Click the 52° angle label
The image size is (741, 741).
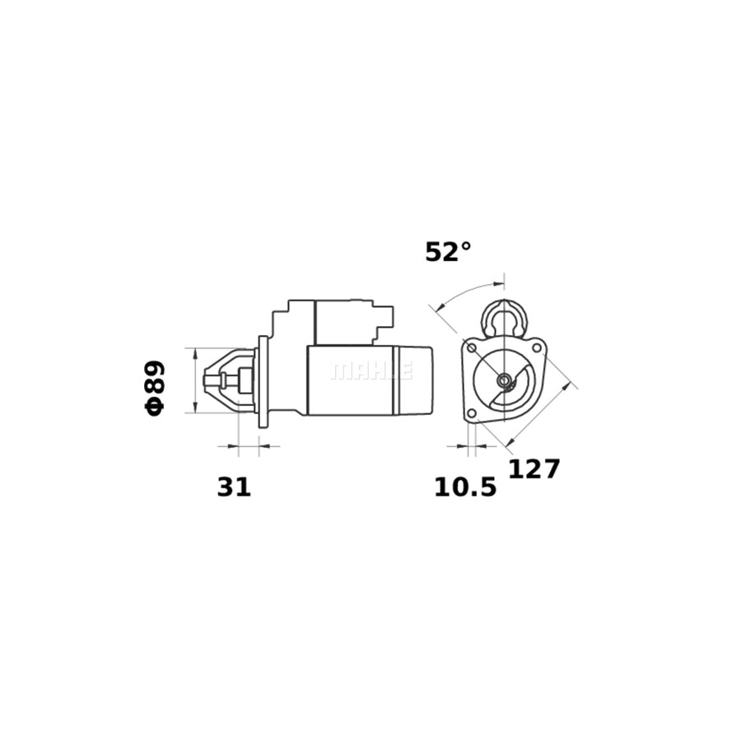pyautogui.click(x=448, y=252)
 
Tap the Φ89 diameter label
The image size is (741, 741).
pyautogui.click(x=155, y=386)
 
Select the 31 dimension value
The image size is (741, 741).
pyautogui.click(x=234, y=487)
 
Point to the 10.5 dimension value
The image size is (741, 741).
pyautogui.click(x=465, y=487)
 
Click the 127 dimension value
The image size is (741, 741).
pyautogui.click(x=534, y=469)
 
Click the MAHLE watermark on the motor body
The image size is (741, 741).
pyautogui.click(x=370, y=371)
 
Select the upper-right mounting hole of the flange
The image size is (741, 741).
pyautogui.click(x=538, y=347)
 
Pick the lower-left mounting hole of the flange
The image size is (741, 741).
pyautogui.click(x=471, y=414)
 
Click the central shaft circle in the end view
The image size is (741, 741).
pyautogui.click(x=504, y=380)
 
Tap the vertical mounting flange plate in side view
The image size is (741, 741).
pyautogui.click(x=263, y=381)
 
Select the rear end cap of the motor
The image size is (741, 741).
pyautogui.click(x=415, y=380)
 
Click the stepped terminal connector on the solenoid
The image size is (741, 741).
pyautogui.click(x=384, y=320)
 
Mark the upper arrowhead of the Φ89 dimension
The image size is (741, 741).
pyautogui.click(x=195, y=353)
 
